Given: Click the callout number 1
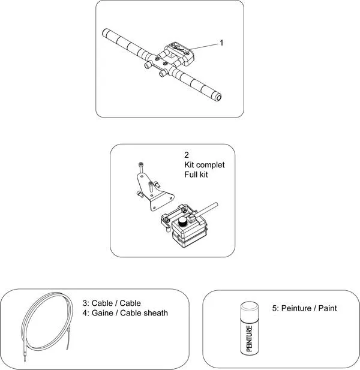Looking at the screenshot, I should (x=221, y=43).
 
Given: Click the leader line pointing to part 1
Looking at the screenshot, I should (x=204, y=46).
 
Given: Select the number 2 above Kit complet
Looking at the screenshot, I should (x=187, y=155).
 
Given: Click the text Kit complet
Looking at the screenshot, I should (x=204, y=164).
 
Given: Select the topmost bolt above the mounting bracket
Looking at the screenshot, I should (x=140, y=165).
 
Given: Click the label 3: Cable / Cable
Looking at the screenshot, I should (x=111, y=303).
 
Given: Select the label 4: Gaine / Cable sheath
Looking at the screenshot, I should (x=125, y=312).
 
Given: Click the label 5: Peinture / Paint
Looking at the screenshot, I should (x=305, y=308).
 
